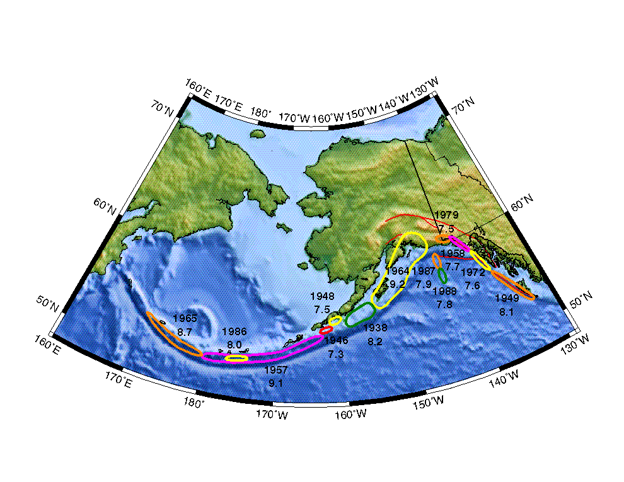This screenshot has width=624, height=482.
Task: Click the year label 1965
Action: tap(185, 318)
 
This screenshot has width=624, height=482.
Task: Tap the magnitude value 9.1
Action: tap(275, 382)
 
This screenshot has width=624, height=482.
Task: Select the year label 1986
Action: tap(234, 332)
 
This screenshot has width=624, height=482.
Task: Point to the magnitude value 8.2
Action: tap(375, 341)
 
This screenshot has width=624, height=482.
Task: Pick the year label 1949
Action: tap(507, 298)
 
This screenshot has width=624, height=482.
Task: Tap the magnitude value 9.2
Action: tap(397, 284)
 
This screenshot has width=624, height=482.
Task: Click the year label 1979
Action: tap(446, 215)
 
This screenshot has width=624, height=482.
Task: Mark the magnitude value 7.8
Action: tap(444, 304)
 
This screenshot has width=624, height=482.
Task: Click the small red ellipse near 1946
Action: tap(326, 330)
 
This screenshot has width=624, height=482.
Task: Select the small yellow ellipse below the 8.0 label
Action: tap(236, 359)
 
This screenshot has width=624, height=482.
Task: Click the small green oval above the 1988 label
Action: tap(442, 276)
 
